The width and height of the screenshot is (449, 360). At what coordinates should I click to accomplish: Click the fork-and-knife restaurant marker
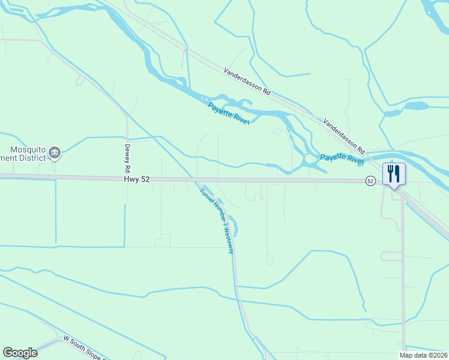(x=394, y=174)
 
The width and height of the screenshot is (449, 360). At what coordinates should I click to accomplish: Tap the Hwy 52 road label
(x=137, y=179)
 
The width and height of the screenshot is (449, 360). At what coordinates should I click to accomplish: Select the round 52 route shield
(x=371, y=181)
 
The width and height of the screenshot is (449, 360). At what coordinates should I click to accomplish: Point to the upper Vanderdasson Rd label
(x=248, y=82)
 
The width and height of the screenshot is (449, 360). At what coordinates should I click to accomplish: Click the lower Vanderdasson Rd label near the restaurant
(x=344, y=134)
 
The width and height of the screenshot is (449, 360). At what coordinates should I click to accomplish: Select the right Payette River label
(x=342, y=159)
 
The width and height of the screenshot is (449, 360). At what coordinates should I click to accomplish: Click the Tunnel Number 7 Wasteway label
(x=217, y=220)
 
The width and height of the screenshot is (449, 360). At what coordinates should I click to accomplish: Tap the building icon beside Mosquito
(x=55, y=152)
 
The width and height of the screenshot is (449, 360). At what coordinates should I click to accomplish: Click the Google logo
(x=20, y=353)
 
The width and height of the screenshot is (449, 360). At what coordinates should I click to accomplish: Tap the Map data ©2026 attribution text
(x=423, y=355)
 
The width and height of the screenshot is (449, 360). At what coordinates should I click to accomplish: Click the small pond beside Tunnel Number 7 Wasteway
(x=235, y=226)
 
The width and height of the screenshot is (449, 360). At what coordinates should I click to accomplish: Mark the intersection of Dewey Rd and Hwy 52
(x=127, y=179)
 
